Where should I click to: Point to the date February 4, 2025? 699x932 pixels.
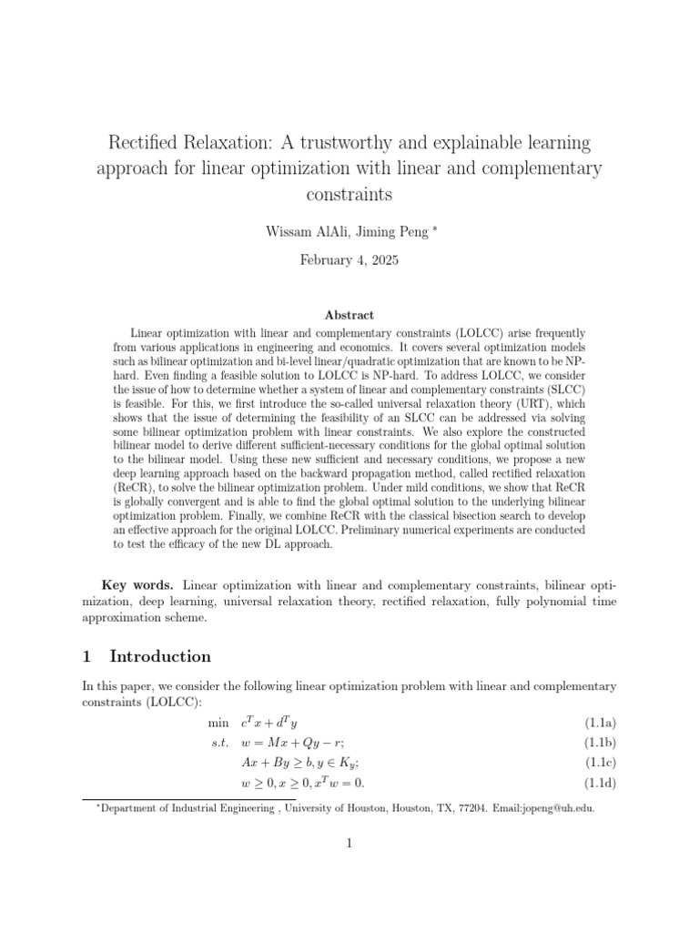point(349,259)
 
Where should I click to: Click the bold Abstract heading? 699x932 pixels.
point(349,315)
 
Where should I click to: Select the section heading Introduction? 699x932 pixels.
point(160,656)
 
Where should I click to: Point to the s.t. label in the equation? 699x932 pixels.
point(219,743)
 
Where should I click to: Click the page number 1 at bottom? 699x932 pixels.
point(349,844)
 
